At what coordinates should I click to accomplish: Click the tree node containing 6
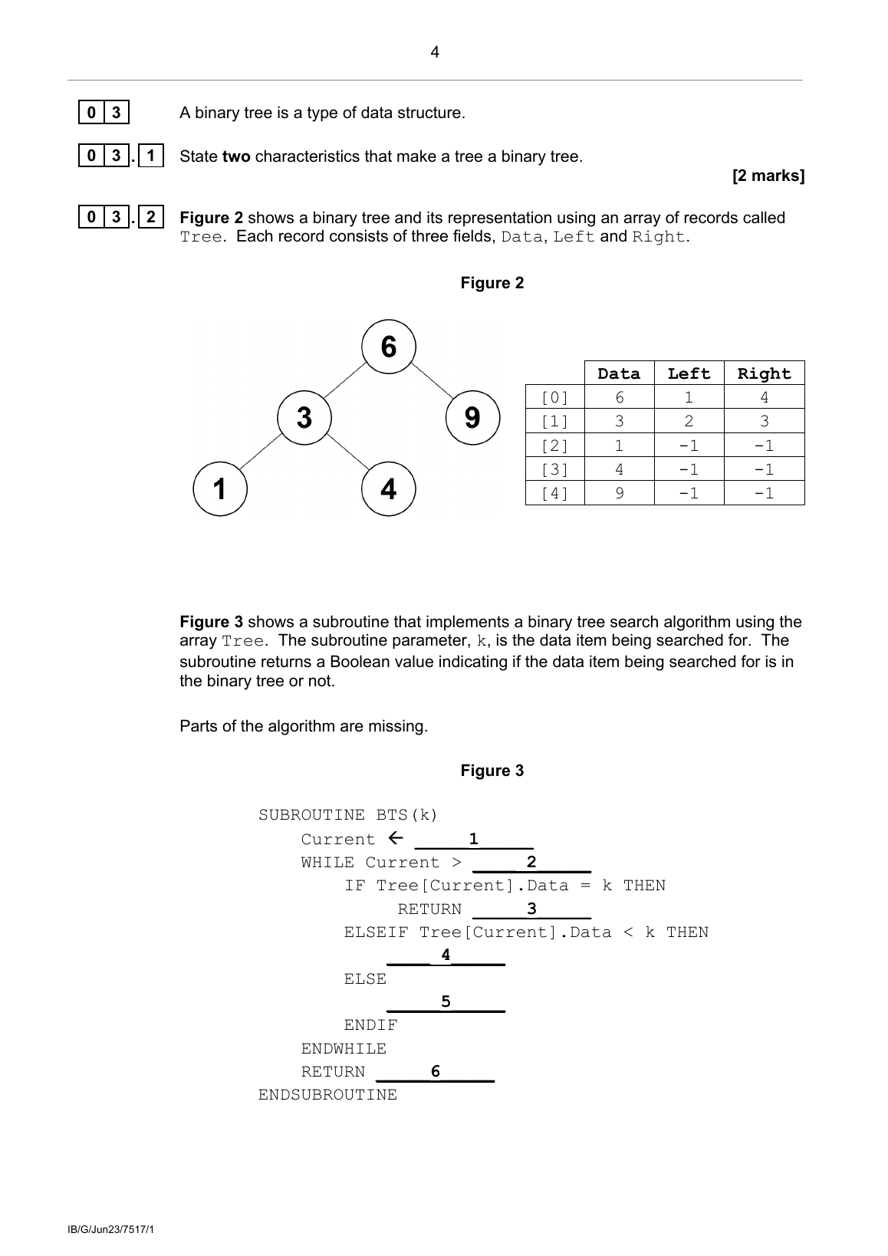click(x=389, y=347)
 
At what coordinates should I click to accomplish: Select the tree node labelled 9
click(x=472, y=418)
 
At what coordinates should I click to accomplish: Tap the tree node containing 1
click(x=220, y=488)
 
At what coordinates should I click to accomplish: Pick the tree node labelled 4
click(x=389, y=488)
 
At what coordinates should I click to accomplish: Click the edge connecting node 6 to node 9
click(x=431, y=382)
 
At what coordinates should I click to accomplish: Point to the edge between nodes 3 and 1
click(x=261, y=453)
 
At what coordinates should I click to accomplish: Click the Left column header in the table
click(x=689, y=373)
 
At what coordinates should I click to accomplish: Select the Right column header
click(x=764, y=373)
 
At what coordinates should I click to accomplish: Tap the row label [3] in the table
click(x=554, y=469)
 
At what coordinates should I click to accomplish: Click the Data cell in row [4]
click(x=619, y=493)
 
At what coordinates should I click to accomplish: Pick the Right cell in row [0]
click(x=764, y=397)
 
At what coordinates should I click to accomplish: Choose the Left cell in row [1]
click(x=689, y=421)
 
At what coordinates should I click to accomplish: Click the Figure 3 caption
click(x=492, y=771)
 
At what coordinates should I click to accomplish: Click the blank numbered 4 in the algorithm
click(x=446, y=956)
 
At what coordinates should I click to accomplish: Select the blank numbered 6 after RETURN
click(x=436, y=1073)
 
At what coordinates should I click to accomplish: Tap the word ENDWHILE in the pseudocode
click(x=344, y=1048)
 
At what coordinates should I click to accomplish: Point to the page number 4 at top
click(x=435, y=52)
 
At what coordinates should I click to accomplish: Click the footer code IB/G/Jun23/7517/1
click(x=111, y=1230)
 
